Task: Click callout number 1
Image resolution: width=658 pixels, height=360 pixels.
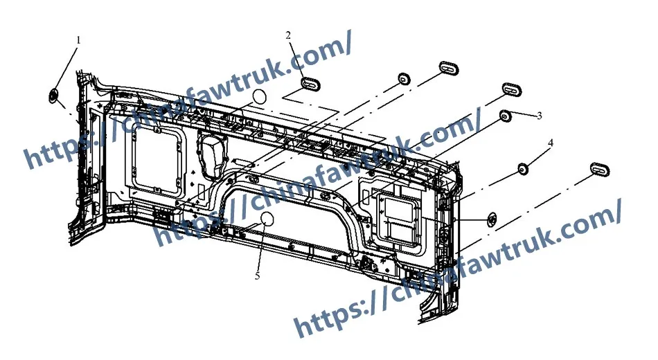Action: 78,40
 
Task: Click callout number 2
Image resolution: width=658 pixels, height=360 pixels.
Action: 288,34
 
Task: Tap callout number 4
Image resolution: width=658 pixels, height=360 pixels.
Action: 551,143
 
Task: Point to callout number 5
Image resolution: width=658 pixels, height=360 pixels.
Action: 258,276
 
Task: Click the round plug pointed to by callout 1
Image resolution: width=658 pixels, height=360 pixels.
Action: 53,95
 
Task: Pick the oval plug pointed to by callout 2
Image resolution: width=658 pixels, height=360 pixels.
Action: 310,83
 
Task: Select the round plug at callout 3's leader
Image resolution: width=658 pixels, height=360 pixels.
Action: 506,115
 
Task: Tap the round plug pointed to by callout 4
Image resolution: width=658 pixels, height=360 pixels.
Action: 524,168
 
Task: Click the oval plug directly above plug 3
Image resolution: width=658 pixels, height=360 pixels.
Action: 512,89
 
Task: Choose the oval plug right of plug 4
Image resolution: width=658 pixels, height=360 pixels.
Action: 600,170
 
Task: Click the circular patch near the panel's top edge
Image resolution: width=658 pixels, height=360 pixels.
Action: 258,96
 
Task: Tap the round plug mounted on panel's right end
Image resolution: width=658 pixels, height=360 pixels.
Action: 491,219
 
